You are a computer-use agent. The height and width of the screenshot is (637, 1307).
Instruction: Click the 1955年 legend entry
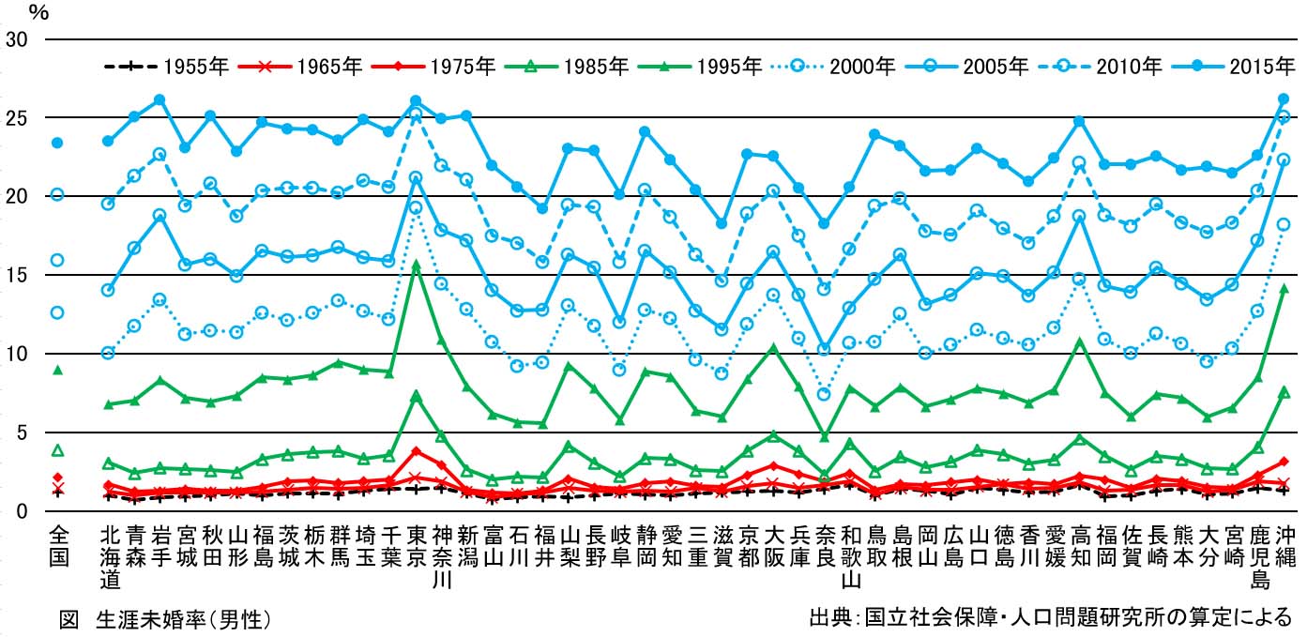(166, 67)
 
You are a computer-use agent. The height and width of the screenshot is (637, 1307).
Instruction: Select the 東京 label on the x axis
(416, 546)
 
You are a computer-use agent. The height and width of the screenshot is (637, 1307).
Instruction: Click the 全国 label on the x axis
(57, 546)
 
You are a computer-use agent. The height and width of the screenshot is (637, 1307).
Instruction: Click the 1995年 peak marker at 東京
(416, 265)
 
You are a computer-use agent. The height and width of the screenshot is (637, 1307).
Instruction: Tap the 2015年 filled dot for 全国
(57, 143)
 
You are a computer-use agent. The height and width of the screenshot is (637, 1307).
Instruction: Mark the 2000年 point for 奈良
(824, 394)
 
